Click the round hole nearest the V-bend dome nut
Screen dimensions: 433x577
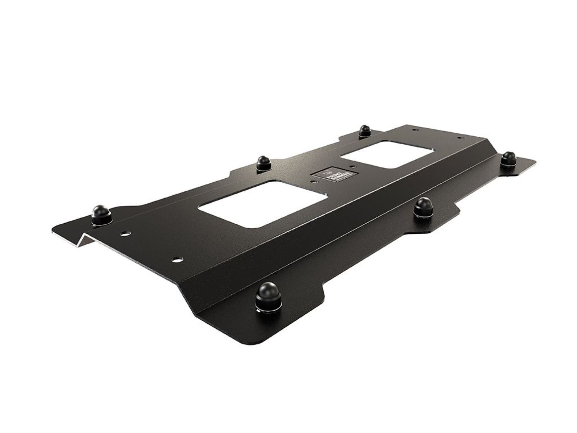pos(125,232)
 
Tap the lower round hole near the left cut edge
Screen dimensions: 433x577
pos(177,259)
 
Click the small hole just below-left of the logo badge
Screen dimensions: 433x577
pos(313,181)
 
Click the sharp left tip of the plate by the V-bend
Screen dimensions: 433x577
pos(53,229)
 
